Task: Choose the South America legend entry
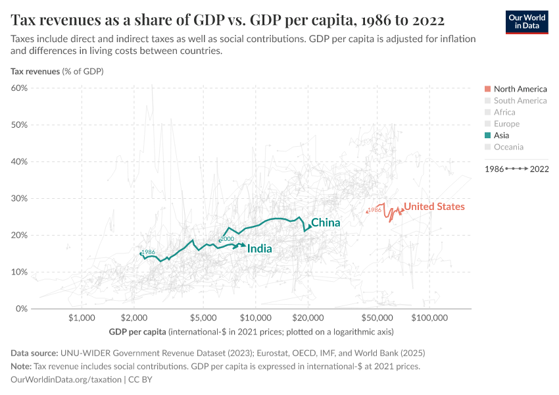[x=520, y=101]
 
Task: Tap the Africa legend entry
[x=504, y=113]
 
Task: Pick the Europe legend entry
[x=506, y=124]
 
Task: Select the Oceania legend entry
[x=508, y=147]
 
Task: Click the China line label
[x=326, y=223]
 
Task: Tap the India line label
[x=259, y=249]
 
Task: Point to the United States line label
[x=434, y=207]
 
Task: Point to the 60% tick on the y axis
[x=18, y=88]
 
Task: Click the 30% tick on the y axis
[x=18, y=198]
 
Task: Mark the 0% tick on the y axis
[x=21, y=309]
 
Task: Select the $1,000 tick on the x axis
[x=82, y=319]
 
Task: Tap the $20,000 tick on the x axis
[x=308, y=319]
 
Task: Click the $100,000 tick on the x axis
[x=430, y=319]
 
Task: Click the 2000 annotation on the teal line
[x=227, y=239]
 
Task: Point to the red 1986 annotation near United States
[x=374, y=210]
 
